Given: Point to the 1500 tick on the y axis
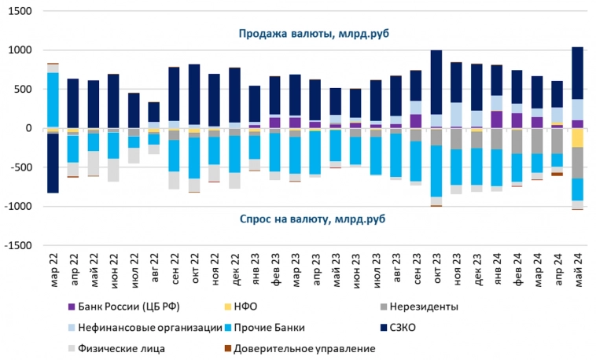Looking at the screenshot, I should [x=24, y=12].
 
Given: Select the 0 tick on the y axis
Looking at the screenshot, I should [x=32, y=128].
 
